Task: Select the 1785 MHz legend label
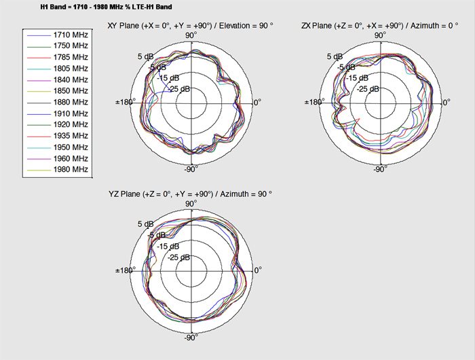click(x=71, y=57)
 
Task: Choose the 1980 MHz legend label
click(x=71, y=169)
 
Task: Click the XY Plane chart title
click(x=190, y=26)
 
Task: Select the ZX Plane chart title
click(x=379, y=26)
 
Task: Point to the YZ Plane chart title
click(x=190, y=194)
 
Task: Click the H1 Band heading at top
click(x=106, y=7)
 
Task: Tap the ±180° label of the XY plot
click(x=124, y=102)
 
